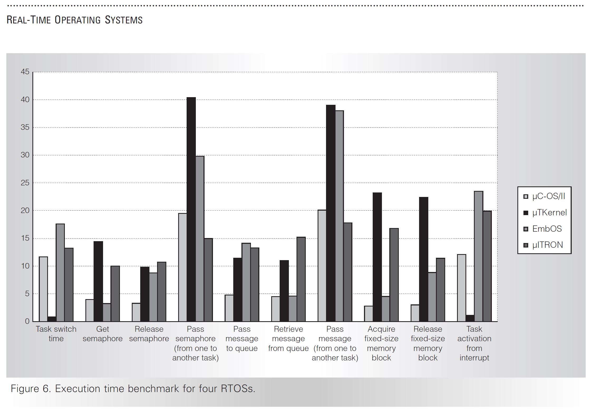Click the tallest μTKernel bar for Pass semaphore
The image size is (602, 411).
[191, 209]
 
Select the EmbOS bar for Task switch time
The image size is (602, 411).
[60, 273]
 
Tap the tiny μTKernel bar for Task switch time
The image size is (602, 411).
[52, 319]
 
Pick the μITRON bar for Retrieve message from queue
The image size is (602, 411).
[301, 279]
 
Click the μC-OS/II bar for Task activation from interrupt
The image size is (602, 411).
[462, 288]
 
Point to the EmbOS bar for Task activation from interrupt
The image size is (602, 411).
[478, 256]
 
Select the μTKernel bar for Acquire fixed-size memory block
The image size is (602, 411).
[377, 257]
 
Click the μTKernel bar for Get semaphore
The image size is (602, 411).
[98, 281]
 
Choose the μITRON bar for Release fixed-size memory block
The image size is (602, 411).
[440, 290]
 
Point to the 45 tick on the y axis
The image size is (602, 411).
[25, 72]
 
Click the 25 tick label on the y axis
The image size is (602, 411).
[25, 183]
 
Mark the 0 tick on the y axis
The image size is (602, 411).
[27, 321]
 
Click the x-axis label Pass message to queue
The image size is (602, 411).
[242, 339]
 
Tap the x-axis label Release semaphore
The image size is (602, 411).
[149, 334]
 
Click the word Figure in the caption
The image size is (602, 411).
[25, 389]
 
